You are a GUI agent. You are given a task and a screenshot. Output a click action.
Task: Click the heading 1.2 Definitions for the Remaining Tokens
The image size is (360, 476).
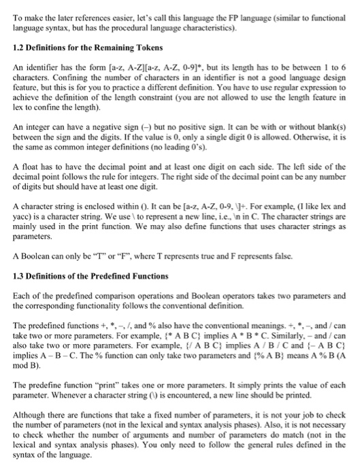coord(88,48)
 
